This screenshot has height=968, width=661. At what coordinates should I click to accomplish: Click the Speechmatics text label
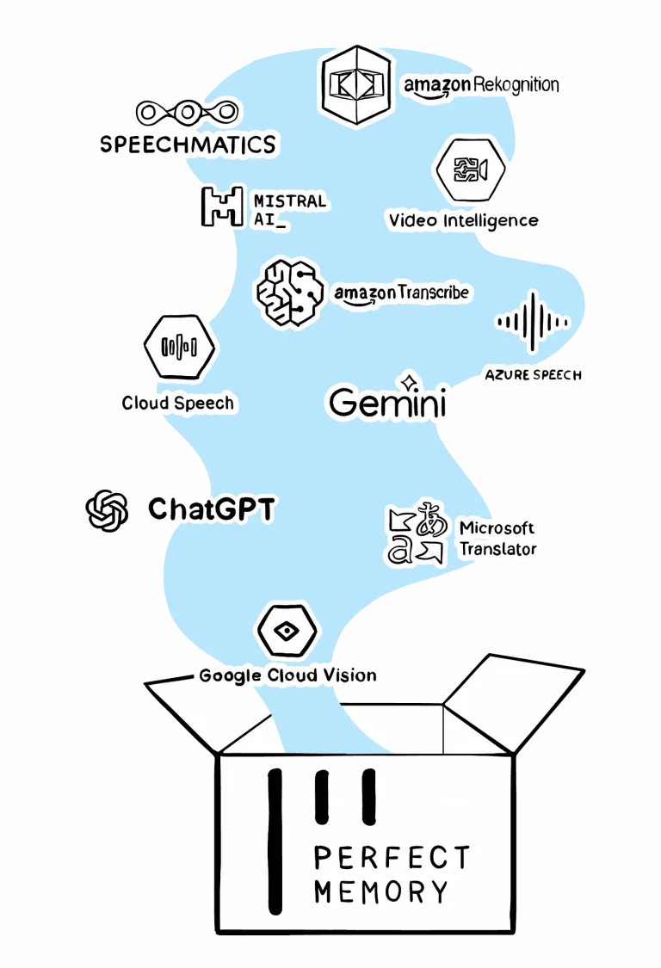(x=187, y=143)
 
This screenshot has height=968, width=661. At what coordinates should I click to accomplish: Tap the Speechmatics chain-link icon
(x=187, y=112)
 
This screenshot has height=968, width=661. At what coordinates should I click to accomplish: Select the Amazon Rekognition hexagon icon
(x=355, y=83)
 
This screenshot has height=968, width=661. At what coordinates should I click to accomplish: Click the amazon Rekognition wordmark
(x=482, y=85)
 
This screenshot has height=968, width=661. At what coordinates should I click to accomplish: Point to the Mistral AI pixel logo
(x=221, y=206)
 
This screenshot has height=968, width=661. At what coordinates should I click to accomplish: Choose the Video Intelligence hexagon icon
(x=470, y=169)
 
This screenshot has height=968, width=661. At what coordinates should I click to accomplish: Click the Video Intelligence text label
(x=464, y=220)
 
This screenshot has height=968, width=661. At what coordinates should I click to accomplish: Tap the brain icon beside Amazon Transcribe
(x=289, y=293)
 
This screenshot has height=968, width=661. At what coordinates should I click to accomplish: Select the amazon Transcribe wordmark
(x=402, y=293)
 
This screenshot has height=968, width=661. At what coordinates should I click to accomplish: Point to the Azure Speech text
(x=533, y=375)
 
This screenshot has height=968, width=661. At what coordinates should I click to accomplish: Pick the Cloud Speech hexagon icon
(x=179, y=347)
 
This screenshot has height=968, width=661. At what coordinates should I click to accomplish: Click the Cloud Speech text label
(x=177, y=402)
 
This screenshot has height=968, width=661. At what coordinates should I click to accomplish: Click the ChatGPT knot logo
(x=108, y=510)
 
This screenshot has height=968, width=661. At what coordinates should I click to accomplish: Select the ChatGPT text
(x=211, y=509)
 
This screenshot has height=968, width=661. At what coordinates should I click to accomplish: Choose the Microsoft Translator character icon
(x=418, y=535)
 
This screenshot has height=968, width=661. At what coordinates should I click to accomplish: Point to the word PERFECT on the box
(x=392, y=857)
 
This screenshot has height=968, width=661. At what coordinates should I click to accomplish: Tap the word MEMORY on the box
(x=381, y=891)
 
